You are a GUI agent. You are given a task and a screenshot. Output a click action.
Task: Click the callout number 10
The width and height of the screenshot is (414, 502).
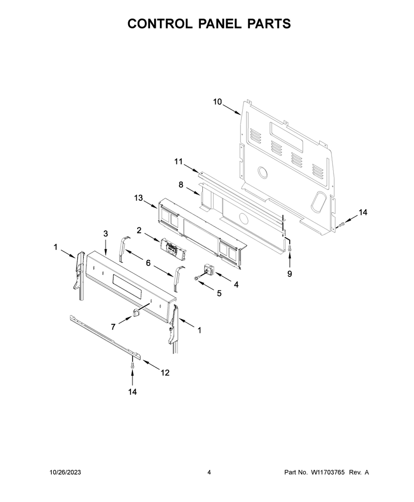pyautogui.click(x=217, y=102)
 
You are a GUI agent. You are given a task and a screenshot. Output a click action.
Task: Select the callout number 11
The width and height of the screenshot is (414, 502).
pyautogui.click(x=179, y=161)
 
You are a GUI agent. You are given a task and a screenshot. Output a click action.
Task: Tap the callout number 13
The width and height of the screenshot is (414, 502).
pyautogui.click(x=139, y=198)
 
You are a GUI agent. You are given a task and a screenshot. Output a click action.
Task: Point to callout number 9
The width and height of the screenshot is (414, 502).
pyautogui.click(x=289, y=274)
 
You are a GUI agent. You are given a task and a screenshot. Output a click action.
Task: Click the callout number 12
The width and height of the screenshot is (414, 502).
pyautogui.click(x=165, y=373)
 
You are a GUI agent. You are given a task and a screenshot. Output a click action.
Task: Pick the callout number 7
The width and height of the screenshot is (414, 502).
pyautogui.click(x=113, y=327)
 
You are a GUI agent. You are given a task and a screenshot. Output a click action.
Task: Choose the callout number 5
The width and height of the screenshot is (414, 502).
pyautogui.click(x=219, y=293)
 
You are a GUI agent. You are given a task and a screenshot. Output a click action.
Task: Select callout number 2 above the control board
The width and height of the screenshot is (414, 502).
pyautogui.click(x=139, y=230)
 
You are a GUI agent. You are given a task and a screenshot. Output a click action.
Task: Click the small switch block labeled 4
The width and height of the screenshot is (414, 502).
pyautogui.click(x=210, y=269)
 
